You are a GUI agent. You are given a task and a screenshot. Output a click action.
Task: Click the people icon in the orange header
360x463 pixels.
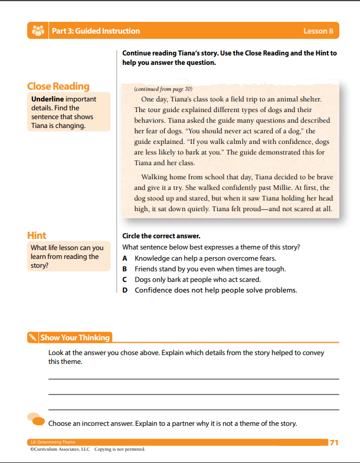pyautogui.click(x=38, y=31)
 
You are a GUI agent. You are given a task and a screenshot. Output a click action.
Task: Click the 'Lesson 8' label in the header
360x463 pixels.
pyautogui.click(x=318, y=31)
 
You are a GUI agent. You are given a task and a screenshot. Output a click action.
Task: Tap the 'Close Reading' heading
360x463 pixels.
pyautogui.click(x=58, y=86)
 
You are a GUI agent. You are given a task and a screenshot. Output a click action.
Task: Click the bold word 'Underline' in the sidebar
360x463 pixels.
pyautogui.click(x=47, y=99)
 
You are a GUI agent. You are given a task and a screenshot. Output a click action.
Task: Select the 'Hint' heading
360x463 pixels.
pyautogui.click(x=37, y=235)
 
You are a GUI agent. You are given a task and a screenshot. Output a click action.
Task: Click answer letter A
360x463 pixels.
pyautogui.click(x=125, y=258)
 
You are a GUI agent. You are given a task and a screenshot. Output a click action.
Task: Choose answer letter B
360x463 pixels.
pyautogui.click(x=125, y=269)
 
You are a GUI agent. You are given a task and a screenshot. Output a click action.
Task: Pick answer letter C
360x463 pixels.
pyautogui.click(x=125, y=280)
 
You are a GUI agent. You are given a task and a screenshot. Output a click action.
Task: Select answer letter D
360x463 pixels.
pyautogui.click(x=125, y=290)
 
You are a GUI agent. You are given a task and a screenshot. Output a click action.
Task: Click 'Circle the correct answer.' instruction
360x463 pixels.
pyautogui.click(x=159, y=235)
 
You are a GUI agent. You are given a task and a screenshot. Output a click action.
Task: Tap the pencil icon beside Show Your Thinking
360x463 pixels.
pyautogui.click(x=33, y=338)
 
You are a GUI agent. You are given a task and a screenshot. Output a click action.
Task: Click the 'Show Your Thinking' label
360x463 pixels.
pyautogui.click(x=75, y=338)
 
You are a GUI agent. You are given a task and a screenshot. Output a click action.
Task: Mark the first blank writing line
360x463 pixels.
pyautogui.click(x=194, y=379)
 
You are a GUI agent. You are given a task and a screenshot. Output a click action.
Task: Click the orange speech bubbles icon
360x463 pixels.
pyautogui.click(x=36, y=419)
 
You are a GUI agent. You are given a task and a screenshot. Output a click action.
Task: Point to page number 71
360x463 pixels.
pyautogui.click(x=334, y=442)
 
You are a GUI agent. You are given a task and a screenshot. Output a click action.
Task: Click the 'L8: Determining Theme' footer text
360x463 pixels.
pyautogui.click(x=53, y=442)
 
